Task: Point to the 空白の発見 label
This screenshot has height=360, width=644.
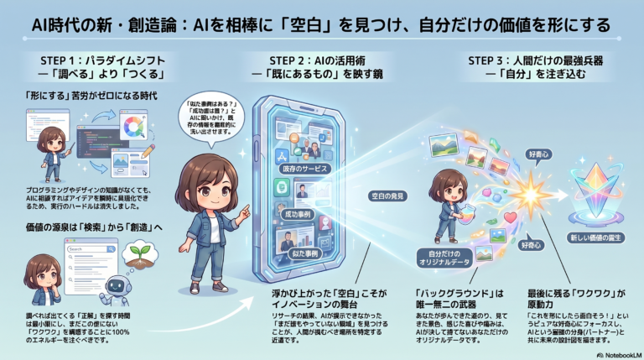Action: coord(388,195)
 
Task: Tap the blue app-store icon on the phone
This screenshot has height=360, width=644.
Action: coord(282,155)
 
